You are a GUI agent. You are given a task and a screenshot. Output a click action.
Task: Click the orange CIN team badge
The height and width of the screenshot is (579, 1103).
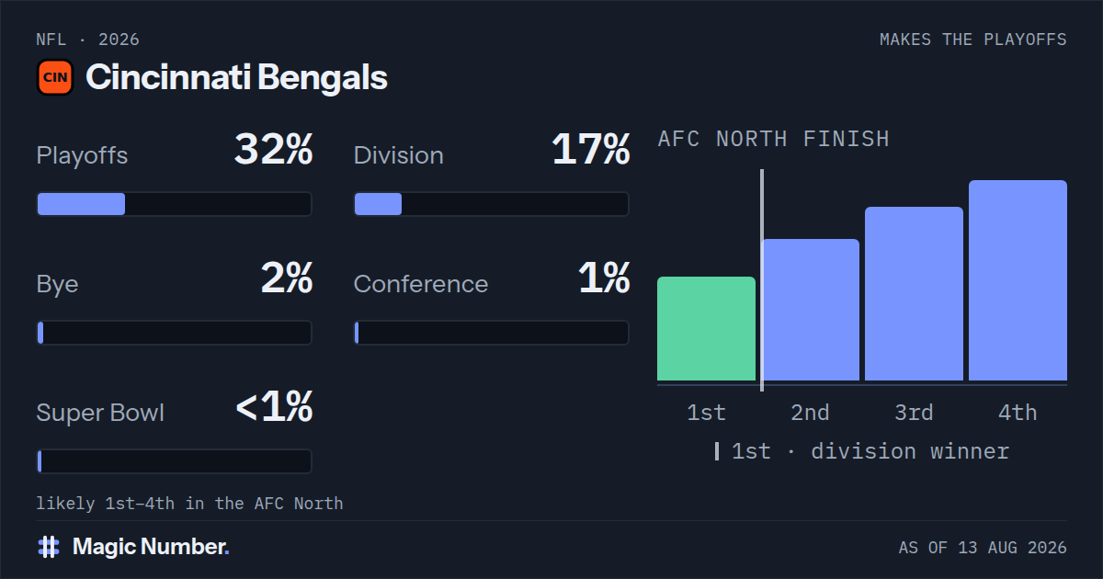click(x=55, y=77)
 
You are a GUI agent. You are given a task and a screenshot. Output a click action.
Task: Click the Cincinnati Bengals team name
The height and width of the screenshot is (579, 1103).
click(x=236, y=77)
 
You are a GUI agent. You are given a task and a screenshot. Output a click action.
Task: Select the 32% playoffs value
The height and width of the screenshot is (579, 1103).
click(x=273, y=149)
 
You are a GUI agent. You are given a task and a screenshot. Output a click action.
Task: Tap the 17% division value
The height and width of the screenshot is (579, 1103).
click(x=591, y=149)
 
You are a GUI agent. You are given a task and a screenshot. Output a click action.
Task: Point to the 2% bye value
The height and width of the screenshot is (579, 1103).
click(x=287, y=278)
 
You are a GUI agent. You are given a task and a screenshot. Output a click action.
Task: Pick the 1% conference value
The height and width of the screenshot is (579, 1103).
click(x=604, y=278)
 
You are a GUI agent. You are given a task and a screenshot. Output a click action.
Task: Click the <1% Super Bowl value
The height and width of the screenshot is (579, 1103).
click(x=274, y=406)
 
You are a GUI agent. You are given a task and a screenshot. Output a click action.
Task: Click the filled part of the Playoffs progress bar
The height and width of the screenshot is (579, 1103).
click(x=81, y=204)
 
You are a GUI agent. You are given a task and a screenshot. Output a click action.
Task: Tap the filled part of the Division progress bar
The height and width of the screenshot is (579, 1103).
click(x=378, y=204)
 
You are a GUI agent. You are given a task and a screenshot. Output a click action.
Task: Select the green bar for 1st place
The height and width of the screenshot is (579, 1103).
click(x=706, y=328)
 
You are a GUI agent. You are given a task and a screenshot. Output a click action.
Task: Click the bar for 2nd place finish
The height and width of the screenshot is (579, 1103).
click(x=811, y=310)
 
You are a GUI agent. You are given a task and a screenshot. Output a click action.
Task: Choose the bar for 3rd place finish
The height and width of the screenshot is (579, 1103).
click(x=914, y=293)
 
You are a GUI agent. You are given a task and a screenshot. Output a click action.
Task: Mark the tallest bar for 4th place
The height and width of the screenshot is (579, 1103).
click(x=1018, y=280)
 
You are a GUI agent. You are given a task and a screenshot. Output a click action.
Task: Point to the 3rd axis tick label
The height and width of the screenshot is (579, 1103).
click(x=914, y=413)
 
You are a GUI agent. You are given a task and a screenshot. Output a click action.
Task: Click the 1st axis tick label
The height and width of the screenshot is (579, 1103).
click(x=706, y=413)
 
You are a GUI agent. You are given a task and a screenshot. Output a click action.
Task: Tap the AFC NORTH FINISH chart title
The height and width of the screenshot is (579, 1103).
click(x=774, y=139)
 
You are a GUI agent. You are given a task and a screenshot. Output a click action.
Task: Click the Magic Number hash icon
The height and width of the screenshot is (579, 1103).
click(x=49, y=547)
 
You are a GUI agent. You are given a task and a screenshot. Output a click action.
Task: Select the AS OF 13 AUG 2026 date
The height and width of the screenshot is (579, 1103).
click(x=983, y=548)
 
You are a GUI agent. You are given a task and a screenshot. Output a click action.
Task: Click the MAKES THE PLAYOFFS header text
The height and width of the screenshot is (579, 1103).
click(x=973, y=40)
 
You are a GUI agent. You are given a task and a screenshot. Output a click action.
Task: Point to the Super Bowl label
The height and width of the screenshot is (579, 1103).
click(x=100, y=413)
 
